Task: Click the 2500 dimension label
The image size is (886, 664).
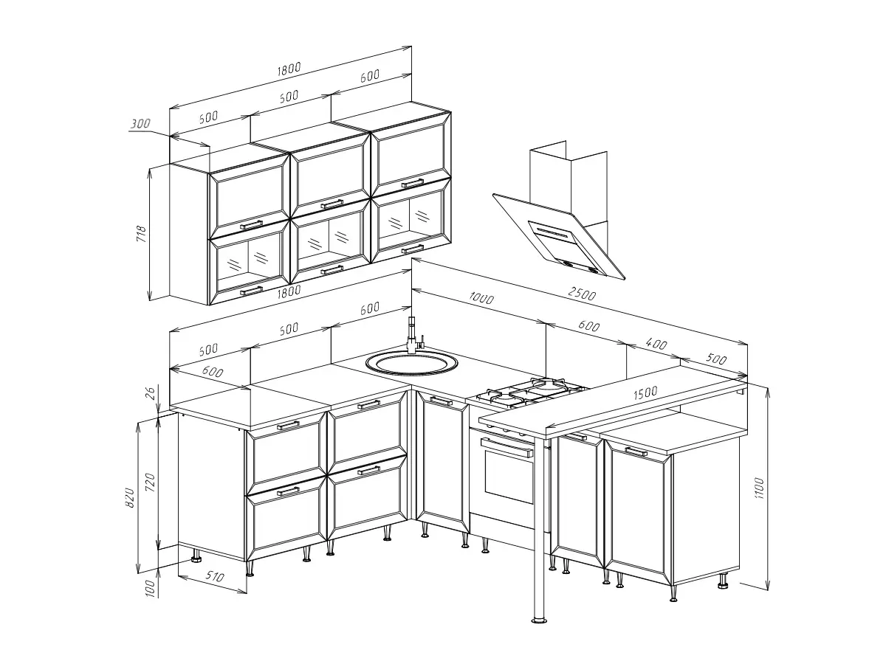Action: coord(582,294)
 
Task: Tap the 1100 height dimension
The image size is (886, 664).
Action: coord(759,488)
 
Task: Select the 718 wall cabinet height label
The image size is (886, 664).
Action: coord(141,234)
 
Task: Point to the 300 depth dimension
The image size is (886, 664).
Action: coord(140,123)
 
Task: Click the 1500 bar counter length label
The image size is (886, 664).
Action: coord(645,392)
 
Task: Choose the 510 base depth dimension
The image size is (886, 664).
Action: coord(214,577)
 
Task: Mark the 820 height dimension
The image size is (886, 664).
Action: coord(130,497)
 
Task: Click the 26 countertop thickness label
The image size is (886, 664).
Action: coord(150,392)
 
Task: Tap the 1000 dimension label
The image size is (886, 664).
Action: coord(481,298)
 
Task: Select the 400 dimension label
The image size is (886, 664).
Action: coord(656,344)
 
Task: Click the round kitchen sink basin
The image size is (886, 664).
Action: coord(412,363)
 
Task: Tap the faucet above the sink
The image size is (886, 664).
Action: coord(413,336)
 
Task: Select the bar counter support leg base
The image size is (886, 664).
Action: coord(539,620)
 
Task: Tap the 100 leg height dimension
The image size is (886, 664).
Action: coord(150,589)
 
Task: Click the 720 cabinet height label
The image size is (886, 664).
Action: coord(150,483)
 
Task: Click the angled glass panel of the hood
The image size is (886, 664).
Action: coord(559,237)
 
